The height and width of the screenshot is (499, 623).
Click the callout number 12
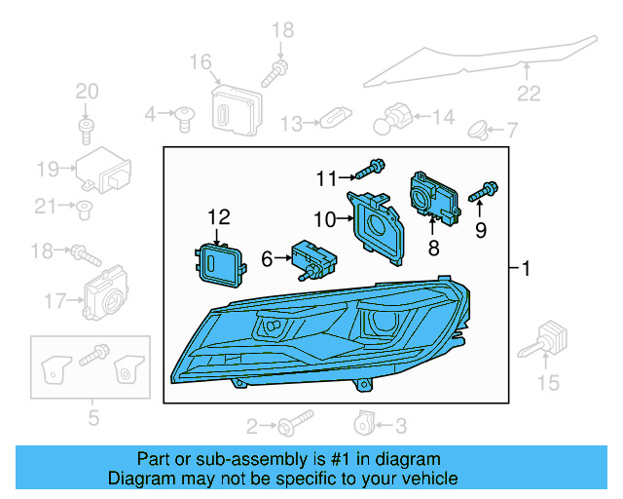pyautogui.click(x=219, y=216)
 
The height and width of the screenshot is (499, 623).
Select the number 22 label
pyautogui.click(x=528, y=95)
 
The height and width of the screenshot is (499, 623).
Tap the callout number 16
pyautogui.click(x=201, y=63)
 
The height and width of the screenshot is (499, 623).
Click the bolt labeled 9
pyautogui.click(x=484, y=193)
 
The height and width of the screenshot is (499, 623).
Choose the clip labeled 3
pyautogui.click(x=362, y=424)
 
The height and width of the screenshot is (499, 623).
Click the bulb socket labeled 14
pyautogui.click(x=397, y=118)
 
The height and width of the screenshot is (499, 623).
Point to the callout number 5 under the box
pyautogui.click(x=92, y=420)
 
